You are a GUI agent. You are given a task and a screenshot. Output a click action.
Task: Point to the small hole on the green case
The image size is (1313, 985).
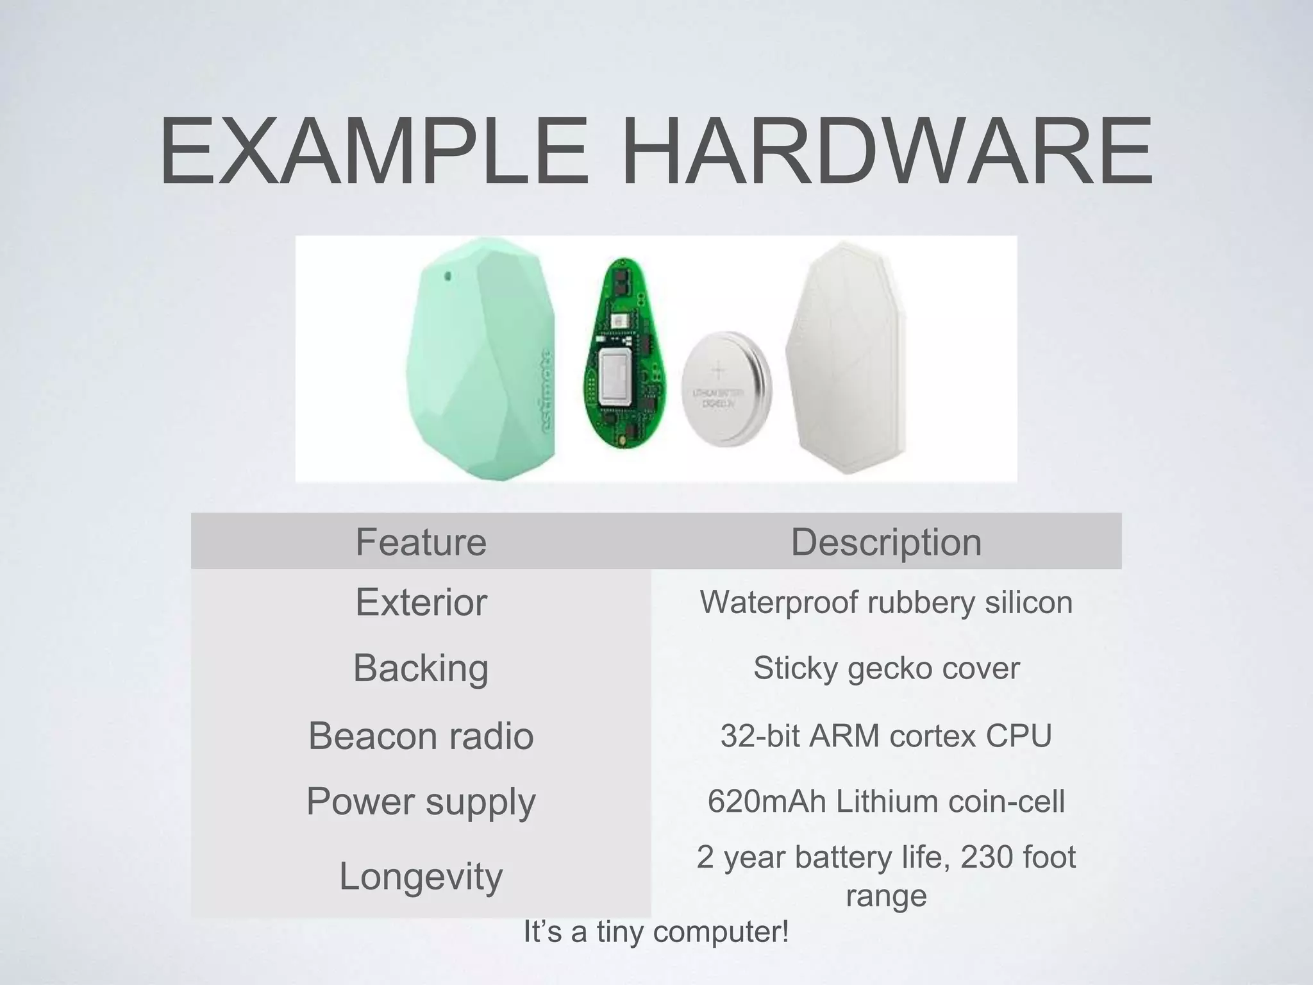tap(447, 276)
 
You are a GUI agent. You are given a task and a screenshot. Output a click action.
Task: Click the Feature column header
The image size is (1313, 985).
tap(421, 542)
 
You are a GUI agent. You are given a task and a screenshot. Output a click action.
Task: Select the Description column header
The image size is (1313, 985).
tap(886, 542)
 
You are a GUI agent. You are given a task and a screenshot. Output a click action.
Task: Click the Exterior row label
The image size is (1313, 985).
tap(421, 602)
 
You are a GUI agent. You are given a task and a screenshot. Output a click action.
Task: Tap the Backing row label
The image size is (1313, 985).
tap(421, 668)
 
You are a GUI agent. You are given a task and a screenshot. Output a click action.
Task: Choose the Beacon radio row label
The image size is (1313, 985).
tap(421, 735)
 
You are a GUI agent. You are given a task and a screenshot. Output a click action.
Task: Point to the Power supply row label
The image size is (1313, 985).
tap(421, 801)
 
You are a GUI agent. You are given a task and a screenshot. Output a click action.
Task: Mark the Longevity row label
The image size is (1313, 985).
tap(421, 876)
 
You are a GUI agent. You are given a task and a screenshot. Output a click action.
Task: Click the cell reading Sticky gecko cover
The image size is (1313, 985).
tap(886, 668)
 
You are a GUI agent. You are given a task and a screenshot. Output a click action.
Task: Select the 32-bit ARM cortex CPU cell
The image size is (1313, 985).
tap(886, 735)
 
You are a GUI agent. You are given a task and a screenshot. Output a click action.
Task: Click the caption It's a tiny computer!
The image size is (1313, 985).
tap(656, 932)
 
